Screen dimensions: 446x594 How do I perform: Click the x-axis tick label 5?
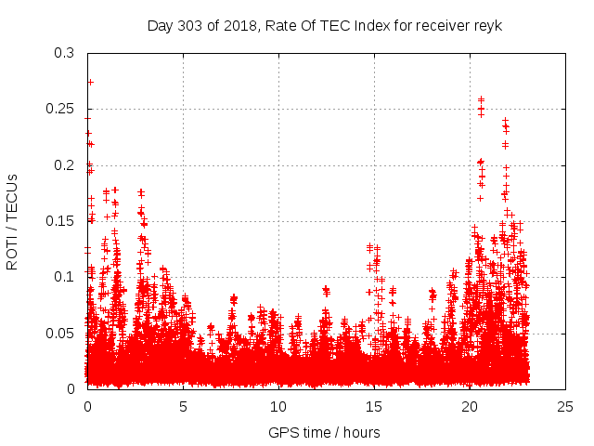click(x=183, y=406)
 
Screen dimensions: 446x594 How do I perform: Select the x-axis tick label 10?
click(x=278, y=406)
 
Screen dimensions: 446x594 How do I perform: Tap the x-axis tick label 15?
click(x=374, y=406)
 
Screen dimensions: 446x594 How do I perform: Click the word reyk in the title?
click(x=487, y=25)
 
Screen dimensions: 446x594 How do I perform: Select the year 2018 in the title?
click(x=239, y=25)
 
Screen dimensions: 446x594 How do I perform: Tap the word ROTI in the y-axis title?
click(x=12, y=252)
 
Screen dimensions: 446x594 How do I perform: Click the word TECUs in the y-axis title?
click(x=12, y=196)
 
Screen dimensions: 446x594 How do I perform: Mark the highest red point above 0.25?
click(x=90, y=82)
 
